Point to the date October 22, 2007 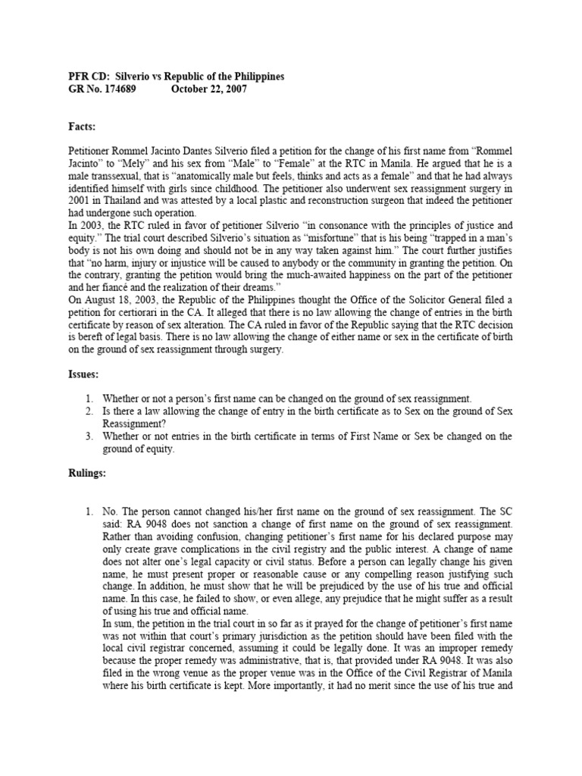(208, 89)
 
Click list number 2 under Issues (89, 411)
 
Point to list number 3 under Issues (89, 436)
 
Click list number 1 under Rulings (89, 510)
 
